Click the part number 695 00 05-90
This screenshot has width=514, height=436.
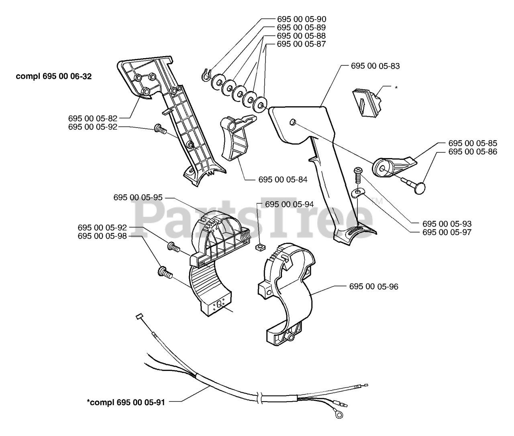pyautogui.click(x=301, y=19)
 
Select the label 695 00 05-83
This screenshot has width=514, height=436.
pyautogui.click(x=375, y=66)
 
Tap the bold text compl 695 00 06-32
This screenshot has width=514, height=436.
pyautogui.click(x=54, y=76)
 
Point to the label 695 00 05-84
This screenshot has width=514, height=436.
pyautogui.click(x=283, y=179)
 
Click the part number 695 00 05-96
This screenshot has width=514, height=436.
pyautogui.click(x=374, y=286)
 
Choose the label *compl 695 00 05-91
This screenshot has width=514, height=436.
pyautogui.click(x=126, y=402)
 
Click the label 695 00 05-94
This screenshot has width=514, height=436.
pyautogui.click(x=289, y=204)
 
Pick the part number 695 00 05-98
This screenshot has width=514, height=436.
pyautogui.click(x=102, y=236)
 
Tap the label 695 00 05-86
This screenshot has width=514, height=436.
pyautogui.click(x=473, y=152)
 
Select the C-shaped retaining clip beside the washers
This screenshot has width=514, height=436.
pyautogui.click(x=206, y=75)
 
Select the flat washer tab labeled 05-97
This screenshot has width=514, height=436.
pyautogui.click(x=357, y=192)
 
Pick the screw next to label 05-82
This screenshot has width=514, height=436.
pyautogui.click(x=160, y=129)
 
